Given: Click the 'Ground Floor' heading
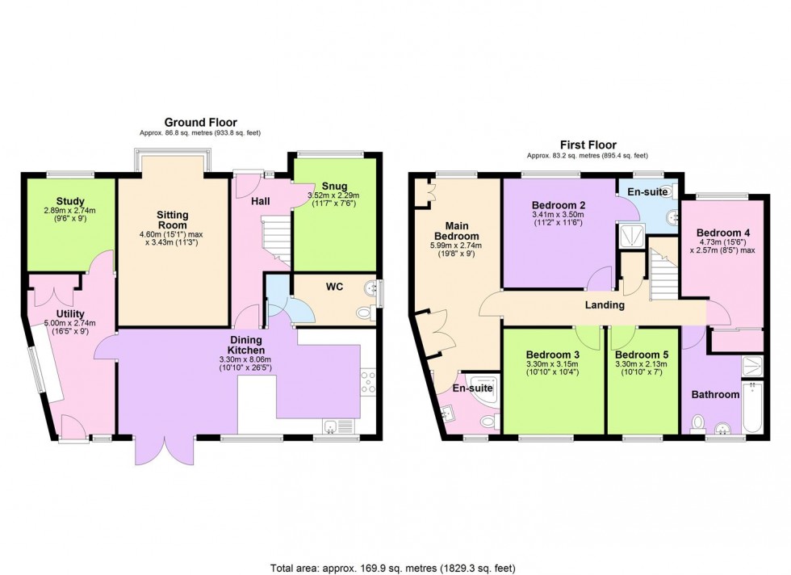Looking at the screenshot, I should (201, 122).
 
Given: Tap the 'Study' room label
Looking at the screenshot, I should (70, 202).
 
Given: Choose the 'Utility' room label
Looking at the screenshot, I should (70, 314).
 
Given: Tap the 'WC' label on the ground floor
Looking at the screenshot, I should (335, 286).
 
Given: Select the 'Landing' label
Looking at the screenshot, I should (604, 305).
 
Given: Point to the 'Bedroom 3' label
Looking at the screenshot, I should (553, 355).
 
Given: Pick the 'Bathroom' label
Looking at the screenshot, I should (714, 395).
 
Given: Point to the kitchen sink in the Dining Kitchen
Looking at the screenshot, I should (334, 426).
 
